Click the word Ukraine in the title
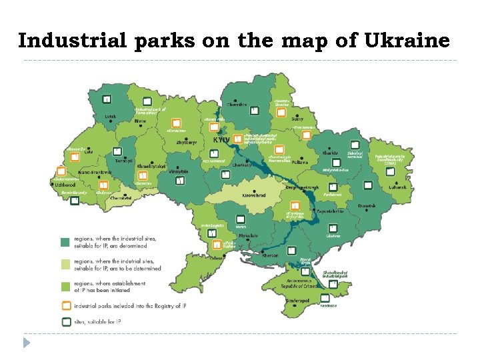coord(407,41)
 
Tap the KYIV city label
coord(221,141)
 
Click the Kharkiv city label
coord(330,153)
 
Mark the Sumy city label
coord(297,119)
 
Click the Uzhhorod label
coord(65,185)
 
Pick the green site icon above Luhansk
coord(390,171)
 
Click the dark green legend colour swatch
coord(65,242)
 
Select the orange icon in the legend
coord(65,306)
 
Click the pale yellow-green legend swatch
coord(65,264)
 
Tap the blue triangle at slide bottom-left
coord(27,343)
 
